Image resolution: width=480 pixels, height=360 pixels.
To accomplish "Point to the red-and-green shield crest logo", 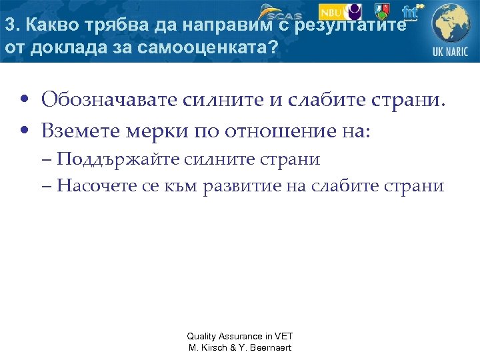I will tap(383, 11).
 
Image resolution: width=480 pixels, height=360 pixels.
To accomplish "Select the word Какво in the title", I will tap(45, 26).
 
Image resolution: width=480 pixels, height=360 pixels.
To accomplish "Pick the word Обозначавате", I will tap(109, 101).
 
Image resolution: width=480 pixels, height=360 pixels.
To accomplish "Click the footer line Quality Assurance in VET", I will tap(240, 336).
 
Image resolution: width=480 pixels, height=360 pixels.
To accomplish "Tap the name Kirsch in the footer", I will tap(221, 347).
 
